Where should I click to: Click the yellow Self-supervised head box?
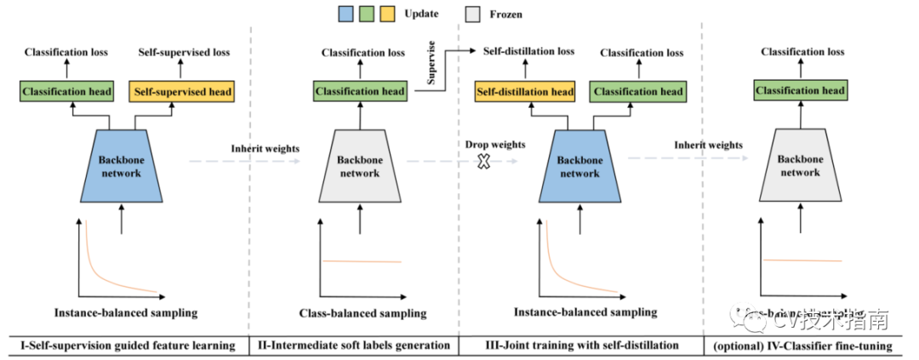click(180, 91)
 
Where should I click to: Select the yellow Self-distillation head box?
click(524, 91)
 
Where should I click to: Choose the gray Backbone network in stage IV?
click(800, 166)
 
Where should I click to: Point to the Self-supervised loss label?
click(184, 53)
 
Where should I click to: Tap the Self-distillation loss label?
click(528, 51)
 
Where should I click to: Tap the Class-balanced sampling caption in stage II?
click(362, 314)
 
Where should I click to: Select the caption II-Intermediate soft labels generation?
click(353, 346)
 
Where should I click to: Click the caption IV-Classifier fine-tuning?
click(803, 346)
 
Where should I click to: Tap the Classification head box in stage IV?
click(800, 90)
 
